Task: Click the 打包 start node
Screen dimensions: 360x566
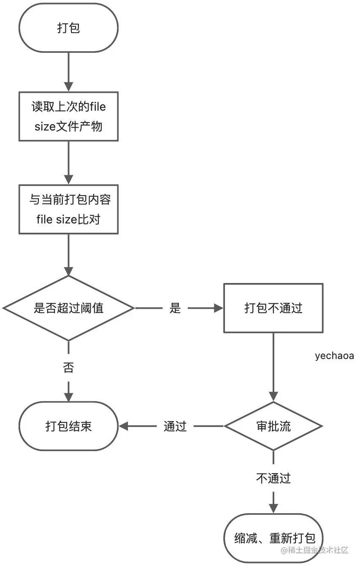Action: click(x=69, y=28)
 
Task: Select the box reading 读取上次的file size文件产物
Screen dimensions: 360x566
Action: click(x=69, y=117)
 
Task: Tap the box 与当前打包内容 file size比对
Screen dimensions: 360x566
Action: click(x=69, y=210)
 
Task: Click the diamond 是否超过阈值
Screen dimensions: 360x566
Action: click(x=69, y=308)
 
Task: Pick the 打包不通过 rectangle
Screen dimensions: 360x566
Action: click(x=273, y=308)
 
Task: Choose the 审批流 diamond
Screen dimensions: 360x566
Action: click(x=273, y=426)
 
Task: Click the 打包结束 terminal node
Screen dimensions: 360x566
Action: click(x=69, y=426)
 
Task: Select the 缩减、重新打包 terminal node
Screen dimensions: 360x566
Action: click(x=273, y=539)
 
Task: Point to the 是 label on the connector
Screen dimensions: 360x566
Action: click(x=175, y=308)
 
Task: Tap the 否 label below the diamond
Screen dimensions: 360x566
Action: click(x=69, y=367)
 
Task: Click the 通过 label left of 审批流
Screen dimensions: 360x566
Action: click(x=175, y=426)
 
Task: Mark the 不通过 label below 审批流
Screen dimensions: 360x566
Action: click(x=273, y=478)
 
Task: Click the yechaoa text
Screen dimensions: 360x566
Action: click(x=334, y=356)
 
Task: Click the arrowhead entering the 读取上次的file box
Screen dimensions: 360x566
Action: click(x=69, y=87)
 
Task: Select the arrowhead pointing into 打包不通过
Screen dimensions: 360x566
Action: click(x=219, y=308)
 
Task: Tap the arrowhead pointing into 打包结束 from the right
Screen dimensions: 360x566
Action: click(x=124, y=426)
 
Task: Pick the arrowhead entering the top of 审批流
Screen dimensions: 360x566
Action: click(x=273, y=397)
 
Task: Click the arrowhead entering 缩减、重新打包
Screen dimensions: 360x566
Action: click(x=273, y=509)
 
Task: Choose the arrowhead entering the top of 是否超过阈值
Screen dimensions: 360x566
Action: click(x=69, y=271)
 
